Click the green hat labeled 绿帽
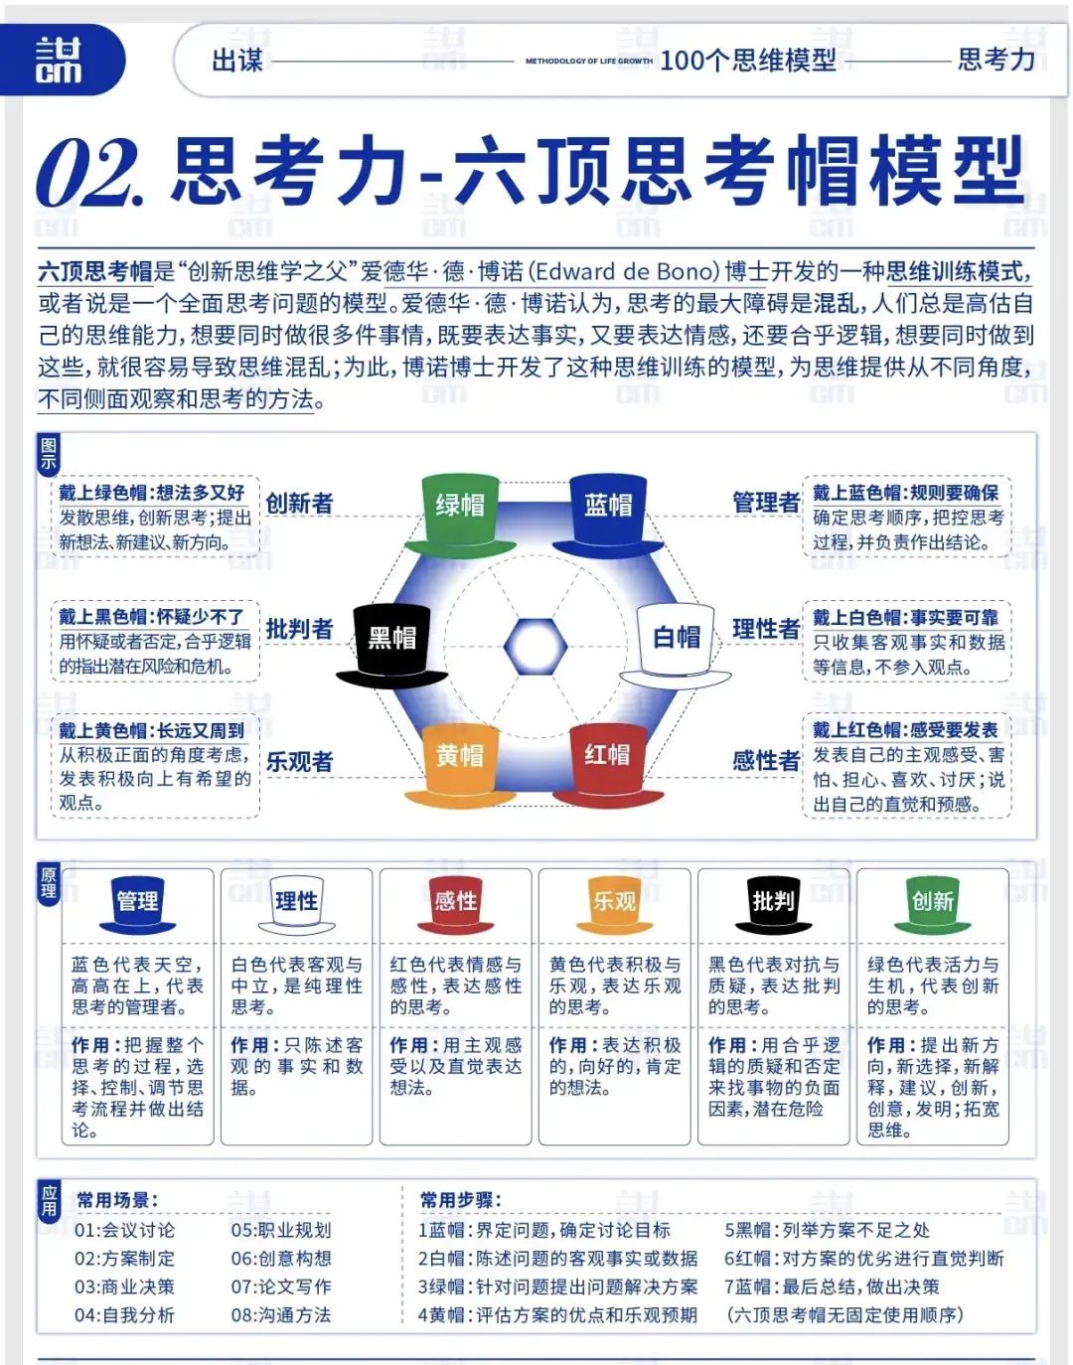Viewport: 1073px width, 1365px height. coord(459,514)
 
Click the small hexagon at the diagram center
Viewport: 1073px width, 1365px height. coord(535,647)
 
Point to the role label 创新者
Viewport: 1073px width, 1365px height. coord(299,503)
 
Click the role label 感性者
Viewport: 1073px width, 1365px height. coord(765,761)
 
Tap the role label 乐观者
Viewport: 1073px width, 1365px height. coord(299,762)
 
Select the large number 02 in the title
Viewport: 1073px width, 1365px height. coord(89,173)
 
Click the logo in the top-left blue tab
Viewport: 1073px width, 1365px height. coord(60,60)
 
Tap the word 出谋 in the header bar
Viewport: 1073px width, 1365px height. coord(237,61)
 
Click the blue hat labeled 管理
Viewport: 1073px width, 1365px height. coord(137,904)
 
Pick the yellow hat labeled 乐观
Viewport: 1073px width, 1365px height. coord(614,904)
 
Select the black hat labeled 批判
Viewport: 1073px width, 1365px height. coord(773,904)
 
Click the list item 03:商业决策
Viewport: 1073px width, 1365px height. coord(124,1287)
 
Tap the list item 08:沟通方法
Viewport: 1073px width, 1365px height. coord(281,1315)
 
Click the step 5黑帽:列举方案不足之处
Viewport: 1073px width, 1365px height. coord(827,1230)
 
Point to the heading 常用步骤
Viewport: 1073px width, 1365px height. coord(460,1200)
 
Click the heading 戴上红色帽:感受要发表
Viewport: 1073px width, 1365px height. coord(905,730)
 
